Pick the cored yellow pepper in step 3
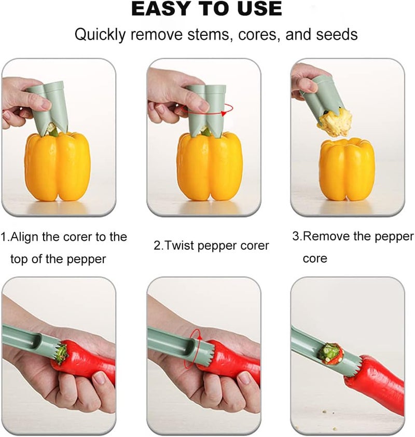(347, 169)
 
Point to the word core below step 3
(315, 258)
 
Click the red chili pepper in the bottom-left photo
(88, 363)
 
